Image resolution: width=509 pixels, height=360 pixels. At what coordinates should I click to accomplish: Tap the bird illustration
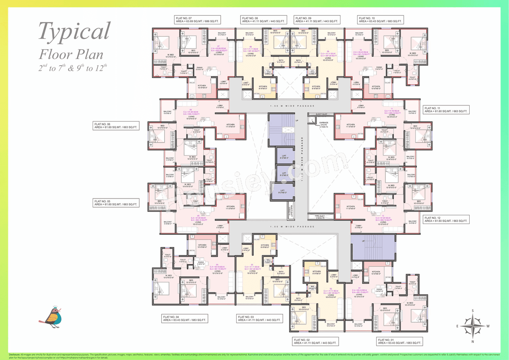(51, 315)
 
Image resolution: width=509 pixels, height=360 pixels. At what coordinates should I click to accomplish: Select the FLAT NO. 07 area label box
(198, 20)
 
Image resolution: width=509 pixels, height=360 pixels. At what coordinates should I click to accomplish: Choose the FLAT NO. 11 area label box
(446, 110)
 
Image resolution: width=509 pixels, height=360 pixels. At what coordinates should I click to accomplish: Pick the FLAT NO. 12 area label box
(446, 220)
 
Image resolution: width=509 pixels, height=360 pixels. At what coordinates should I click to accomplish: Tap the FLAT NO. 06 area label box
(116, 126)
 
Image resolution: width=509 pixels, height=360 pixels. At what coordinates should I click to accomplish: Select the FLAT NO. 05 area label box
(116, 203)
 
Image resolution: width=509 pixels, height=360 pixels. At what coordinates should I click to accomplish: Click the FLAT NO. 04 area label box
(185, 318)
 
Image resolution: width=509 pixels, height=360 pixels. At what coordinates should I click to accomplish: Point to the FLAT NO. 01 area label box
(400, 341)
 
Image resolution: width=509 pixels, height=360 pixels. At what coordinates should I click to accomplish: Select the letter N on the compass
(472, 341)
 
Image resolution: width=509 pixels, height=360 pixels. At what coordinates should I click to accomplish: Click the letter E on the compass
(458, 326)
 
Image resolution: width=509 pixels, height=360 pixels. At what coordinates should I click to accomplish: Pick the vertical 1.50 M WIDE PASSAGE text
(302, 159)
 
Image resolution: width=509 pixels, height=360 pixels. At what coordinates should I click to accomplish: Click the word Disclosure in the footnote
(14, 354)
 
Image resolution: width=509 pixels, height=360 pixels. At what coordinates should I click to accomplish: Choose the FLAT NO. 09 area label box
(317, 20)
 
